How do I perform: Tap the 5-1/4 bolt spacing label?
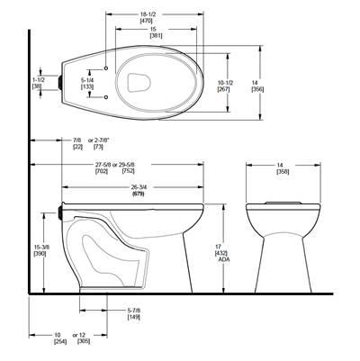point(88,79)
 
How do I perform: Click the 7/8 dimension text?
point(76,140)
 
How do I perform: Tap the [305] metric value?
point(84,342)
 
